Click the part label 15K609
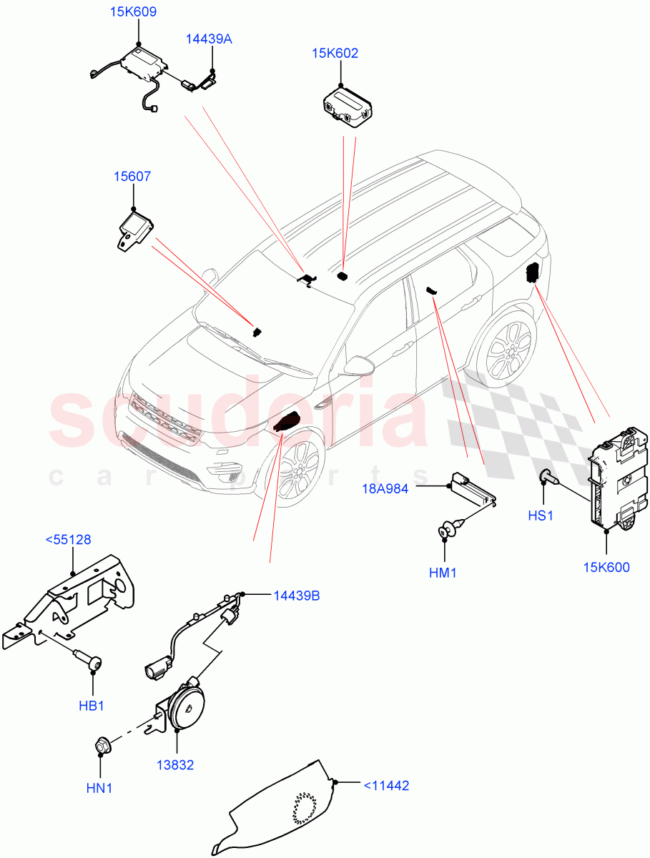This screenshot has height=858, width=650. pos(133,12)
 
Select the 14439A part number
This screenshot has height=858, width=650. pos(210,39)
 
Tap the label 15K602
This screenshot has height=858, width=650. pos(335,54)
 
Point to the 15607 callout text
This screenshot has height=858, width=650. pos(132,176)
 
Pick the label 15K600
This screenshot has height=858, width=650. pos(606,568)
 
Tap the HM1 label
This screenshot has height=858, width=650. pos(444,573)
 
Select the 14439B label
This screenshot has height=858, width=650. pos(296,595)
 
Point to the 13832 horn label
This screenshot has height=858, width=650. pos(175,765)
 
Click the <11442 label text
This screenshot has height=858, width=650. pos(386,786)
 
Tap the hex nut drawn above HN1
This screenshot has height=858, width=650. pos(101,746)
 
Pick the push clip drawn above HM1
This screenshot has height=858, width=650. pos(449,531)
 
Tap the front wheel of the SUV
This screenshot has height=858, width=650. pos(297,472)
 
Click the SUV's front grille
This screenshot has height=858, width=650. pos(164,420)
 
